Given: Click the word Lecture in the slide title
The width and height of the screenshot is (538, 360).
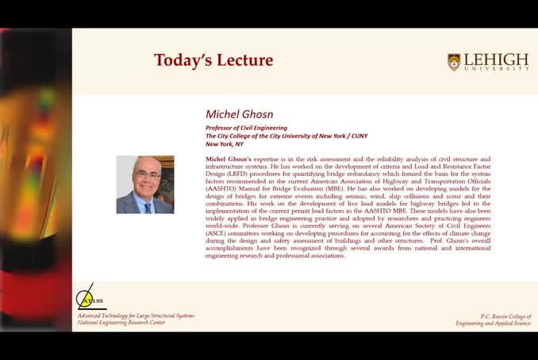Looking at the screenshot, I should [242, 60].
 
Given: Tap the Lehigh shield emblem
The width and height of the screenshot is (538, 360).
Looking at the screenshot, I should [454, 62].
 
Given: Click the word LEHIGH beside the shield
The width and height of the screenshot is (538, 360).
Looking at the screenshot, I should [496, 60].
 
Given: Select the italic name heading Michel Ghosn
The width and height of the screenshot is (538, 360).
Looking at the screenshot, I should [239, 114].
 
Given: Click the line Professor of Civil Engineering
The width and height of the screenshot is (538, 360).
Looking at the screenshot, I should [246, 128].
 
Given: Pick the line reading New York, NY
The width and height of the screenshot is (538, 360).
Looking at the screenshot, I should [225, 144].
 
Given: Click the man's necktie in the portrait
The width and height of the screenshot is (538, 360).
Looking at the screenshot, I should [147, 202].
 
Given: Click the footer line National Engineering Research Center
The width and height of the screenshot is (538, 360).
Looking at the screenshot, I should [121, 323].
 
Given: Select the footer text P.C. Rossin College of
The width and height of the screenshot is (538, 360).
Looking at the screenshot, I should [502, 316].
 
